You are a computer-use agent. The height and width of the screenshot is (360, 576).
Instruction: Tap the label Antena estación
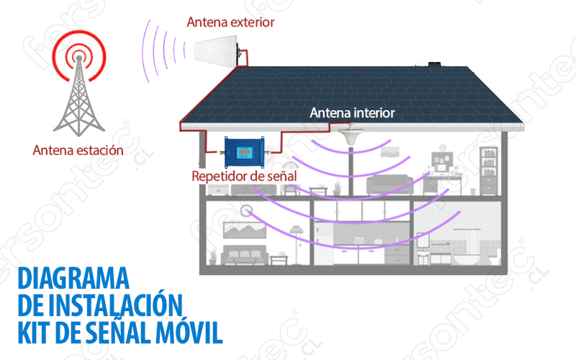(78, 151)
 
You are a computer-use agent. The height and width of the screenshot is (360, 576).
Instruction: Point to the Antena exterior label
(230, 22)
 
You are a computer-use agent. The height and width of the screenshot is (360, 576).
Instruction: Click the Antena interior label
(352, 113)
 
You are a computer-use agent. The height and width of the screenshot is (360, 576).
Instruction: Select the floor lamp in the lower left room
(295, 238)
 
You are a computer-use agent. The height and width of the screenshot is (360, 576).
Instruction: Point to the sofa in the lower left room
(245, 256)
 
